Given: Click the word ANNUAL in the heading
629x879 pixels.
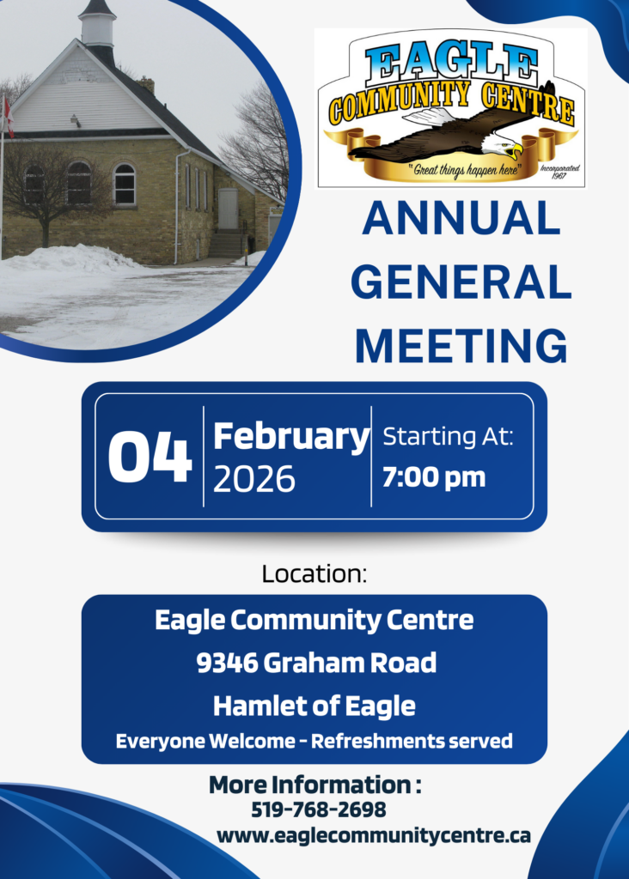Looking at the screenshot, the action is (x=461, y=218).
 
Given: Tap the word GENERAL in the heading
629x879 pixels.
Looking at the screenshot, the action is (x=461, y=282).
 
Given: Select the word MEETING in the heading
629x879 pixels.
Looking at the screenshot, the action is (x=461, y=346).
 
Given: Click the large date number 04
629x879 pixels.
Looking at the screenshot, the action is (x=150, y=457).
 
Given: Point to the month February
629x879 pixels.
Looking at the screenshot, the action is (x=291, y=438).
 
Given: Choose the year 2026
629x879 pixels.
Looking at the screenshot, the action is (x=253, y=479).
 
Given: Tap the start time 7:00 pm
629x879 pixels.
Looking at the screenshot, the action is (x=434, y=477).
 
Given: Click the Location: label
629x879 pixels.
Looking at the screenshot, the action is (x=314, y=573).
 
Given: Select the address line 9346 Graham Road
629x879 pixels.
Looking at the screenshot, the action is (x=316, y=663).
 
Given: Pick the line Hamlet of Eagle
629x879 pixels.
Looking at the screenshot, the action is (x=314, y=706).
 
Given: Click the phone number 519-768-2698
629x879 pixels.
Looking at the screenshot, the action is (x=318, y=809).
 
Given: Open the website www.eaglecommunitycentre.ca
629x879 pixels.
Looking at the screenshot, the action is (x=373, y=835).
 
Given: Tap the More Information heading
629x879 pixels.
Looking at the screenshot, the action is (x=314, y=785).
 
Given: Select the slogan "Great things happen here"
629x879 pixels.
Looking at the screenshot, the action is (x=465, y=169).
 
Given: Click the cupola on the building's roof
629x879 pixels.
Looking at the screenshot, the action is (x=96, y=25).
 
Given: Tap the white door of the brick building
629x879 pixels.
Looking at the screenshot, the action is (x=227, y=209).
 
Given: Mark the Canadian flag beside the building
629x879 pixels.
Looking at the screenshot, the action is (x=7, y=117).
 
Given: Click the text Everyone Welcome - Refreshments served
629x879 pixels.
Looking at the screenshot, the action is (x=314, y=741).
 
